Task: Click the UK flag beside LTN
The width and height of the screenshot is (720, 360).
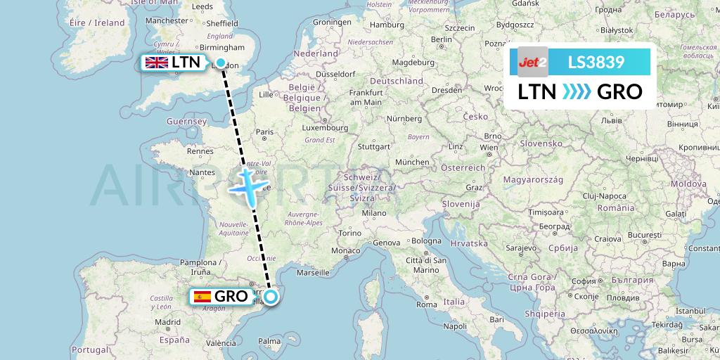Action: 155,63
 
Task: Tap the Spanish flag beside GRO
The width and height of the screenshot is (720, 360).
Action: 202,297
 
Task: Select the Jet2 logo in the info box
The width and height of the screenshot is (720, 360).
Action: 532,62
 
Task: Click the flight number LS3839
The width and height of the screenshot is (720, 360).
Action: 596,62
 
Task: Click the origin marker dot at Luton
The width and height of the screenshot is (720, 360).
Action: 221,63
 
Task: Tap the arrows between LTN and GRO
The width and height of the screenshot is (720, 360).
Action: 577,92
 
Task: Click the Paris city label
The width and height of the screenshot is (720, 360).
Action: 264,131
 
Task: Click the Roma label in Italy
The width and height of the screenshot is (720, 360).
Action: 427,304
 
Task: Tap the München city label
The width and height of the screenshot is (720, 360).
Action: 412,162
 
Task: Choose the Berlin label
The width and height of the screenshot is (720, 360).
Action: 442,39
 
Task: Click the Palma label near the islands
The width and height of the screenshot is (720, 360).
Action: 269,342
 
